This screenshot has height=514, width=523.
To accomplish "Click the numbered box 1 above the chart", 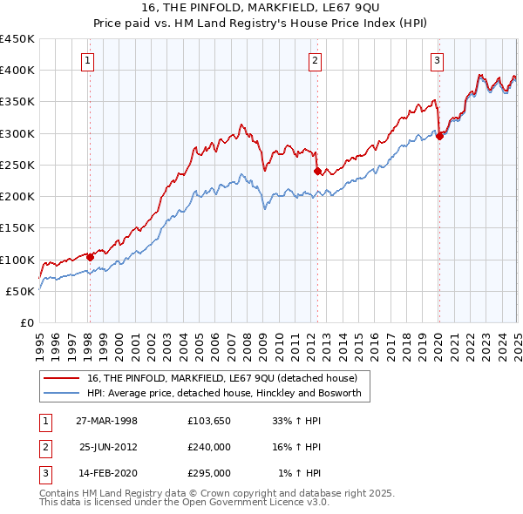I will tap(89, 60).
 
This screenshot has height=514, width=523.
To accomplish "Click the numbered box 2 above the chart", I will tap(315, 60).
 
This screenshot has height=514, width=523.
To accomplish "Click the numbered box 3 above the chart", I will tap(437, 60).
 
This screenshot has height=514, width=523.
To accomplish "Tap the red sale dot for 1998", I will tap(91, 257).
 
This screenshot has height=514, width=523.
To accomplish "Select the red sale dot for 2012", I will tap(317, 172).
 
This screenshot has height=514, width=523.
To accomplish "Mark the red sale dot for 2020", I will tap(439, 136).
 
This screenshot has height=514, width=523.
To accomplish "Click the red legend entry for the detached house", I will tap(221, 378).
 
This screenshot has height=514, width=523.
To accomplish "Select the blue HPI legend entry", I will tap(228, 394).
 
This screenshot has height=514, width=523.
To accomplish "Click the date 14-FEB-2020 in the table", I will tap(106, 473).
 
